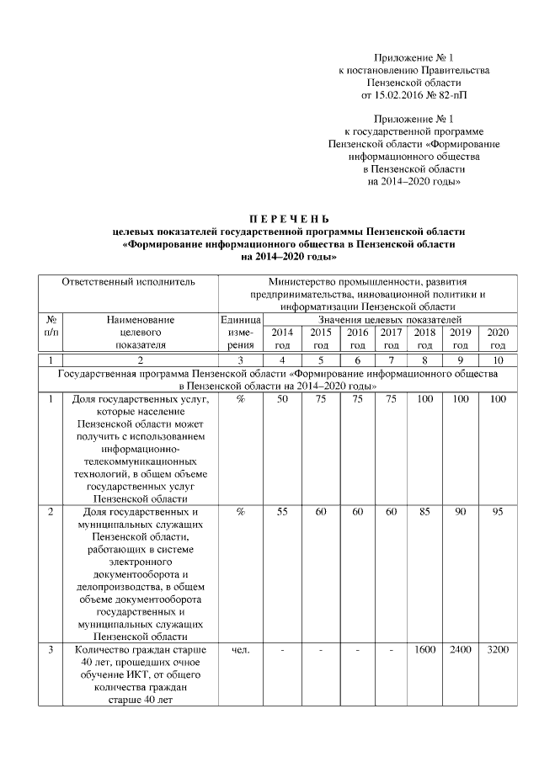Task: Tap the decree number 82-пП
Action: coord(452,95)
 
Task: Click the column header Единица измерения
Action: coord(240,332)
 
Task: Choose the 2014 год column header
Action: coord(284,338)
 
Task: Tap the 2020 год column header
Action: coord(498,338)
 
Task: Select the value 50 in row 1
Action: coord(284,398)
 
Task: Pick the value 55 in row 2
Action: coord(284,510)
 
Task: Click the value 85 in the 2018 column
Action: coord(424,510)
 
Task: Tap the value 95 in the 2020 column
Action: coord(498,510)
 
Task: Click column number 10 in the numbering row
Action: coord(498,360)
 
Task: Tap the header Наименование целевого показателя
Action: coord(141,332)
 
